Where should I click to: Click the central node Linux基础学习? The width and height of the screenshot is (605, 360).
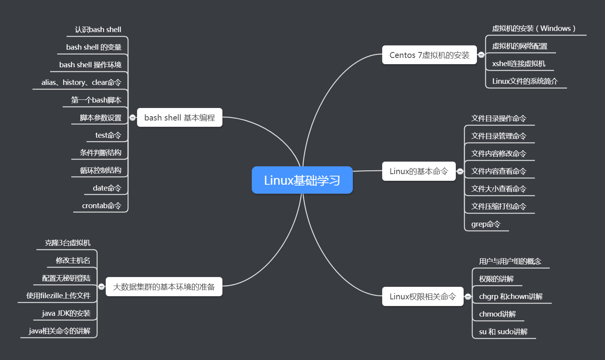(x=302, y=180)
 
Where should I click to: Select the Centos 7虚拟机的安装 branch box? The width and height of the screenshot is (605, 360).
(x=429, y=55)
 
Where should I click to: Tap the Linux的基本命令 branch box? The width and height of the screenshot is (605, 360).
(x=419, y=171)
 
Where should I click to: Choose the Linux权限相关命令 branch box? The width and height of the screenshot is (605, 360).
(x=423, y=296)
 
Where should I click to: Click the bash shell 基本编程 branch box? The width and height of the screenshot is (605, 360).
(x=179, y=117)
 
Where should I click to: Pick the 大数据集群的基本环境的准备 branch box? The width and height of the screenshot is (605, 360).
(x=164, y=286)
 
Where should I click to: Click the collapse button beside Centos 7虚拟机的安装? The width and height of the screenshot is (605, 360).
(x=481, y=55)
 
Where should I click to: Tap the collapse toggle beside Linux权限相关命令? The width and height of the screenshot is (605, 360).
(x=468, y=297)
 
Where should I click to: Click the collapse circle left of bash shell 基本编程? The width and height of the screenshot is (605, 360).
(x=132, y=117)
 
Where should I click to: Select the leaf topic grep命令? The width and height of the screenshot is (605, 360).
(x=486, y=224)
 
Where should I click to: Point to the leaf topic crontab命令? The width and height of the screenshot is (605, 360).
(x=101, y=205)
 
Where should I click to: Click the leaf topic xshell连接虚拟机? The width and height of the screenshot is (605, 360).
(x=518, y=63)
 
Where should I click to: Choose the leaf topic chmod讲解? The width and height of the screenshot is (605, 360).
(x=497, y=314)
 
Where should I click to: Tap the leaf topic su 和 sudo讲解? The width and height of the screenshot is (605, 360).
(x=503, y=331)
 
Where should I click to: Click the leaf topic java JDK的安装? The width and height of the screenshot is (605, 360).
(x=66, y=313)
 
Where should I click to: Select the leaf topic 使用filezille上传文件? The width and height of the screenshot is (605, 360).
(x=58, y=295)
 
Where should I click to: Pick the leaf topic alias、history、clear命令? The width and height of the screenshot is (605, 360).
(x=81, y=82)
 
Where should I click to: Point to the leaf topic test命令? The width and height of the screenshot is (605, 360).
(x=108, y=135)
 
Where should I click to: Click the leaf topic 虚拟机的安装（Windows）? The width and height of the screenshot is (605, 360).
(x=533, y=28)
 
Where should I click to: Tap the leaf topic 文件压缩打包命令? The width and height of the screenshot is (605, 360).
(x=498, y=206)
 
